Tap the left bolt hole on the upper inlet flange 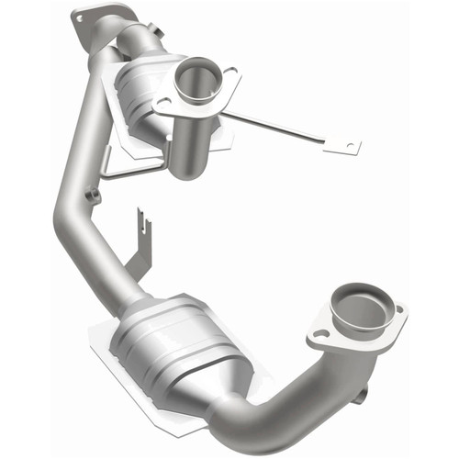(163, 103)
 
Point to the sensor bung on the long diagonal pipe (93, 196)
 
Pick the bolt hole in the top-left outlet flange (82, 17)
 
